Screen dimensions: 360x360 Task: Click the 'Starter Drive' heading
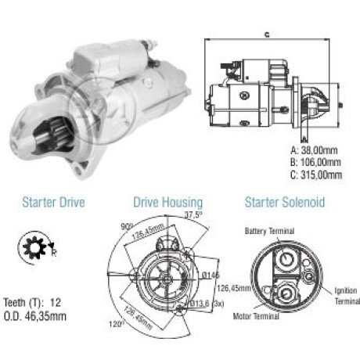(x=53, y=203)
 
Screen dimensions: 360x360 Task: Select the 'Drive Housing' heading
(x=168, y=203)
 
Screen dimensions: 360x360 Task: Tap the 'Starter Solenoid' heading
(x=285, y=203)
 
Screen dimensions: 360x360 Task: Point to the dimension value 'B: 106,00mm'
(x=315, y=162)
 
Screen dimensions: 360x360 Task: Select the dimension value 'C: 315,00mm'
(x=316, y=175)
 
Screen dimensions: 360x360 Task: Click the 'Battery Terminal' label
(x=269, y=231)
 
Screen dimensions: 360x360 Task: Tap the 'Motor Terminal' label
(x=256, y=316)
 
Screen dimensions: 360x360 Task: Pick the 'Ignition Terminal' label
(x=347, y=296)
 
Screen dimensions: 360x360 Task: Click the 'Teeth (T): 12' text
(x=32, y=303)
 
